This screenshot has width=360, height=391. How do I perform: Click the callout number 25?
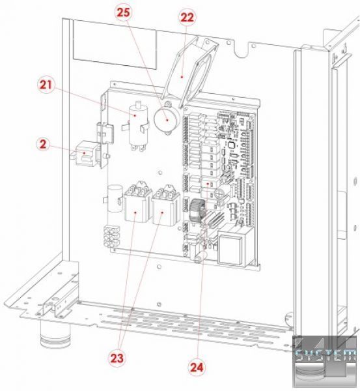coord(123,12)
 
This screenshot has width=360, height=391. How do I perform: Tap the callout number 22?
coord(187,18)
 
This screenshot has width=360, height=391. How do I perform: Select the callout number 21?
coord(46,85)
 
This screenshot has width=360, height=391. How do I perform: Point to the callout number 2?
coord(43,144)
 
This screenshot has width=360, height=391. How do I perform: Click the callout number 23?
coord(117,358)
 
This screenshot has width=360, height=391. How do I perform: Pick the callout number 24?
coord(197,368)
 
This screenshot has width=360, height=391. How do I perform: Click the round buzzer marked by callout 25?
coord(167,119)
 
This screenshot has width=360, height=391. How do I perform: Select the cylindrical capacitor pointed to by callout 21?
coord(137,126)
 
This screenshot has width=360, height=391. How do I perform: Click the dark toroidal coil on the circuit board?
coord(197,210)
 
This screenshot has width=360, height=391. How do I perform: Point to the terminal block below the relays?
coord(111,237)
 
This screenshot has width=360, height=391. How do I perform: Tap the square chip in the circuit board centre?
coord(231,146)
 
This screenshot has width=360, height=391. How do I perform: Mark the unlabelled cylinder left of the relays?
coord(115,198)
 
